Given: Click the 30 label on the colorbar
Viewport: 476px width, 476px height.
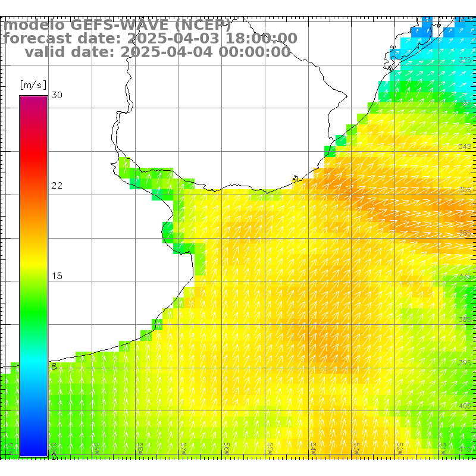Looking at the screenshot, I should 57,95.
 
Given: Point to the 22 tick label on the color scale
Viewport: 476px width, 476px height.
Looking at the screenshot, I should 57,186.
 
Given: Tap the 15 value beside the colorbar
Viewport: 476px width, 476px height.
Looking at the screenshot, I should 57,276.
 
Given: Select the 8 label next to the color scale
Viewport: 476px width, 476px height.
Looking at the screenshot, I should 54,367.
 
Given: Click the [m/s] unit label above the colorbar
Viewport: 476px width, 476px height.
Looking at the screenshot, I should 33,84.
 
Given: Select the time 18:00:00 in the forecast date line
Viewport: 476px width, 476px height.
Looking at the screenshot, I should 259,39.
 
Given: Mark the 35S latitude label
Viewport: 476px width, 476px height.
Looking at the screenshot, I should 465,190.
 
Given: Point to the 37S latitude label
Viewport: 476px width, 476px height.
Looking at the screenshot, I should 465,277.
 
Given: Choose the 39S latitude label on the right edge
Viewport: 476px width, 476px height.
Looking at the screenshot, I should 465,363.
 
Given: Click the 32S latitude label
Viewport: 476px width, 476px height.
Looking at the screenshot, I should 465,60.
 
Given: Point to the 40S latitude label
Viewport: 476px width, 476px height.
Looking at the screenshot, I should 465,406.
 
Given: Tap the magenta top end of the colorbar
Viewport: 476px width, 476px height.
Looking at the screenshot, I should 33,99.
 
